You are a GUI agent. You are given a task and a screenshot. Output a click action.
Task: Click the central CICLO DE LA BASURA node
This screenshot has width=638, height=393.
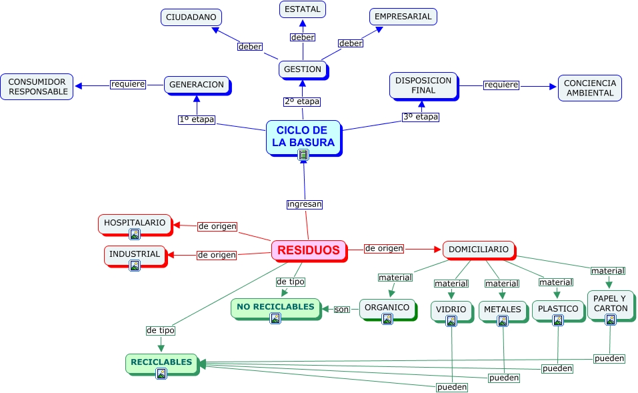pyautogui.click(x=303, y=137)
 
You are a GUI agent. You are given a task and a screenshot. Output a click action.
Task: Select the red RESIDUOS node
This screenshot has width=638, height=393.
pyautogui.click(x=309, y=250)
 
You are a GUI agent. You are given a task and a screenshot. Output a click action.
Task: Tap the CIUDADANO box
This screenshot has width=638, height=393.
pyautogui.click(x=191, y=17)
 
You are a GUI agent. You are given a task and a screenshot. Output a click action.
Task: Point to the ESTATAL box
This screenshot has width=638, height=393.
pyautogui.click(x=302, y=9)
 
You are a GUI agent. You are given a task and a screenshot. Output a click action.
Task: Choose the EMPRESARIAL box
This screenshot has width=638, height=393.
pyautogui.click(x=403, y=17)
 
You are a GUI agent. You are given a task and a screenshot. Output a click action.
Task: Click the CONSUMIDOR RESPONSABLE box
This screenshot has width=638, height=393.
pyautogui.click(x=37, y=87)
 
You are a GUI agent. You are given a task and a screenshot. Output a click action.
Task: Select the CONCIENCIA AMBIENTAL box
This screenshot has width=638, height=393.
pyautogui.click(x=589, y=88)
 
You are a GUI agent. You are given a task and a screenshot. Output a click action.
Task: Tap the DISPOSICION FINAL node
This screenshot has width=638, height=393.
pyautogui.click(x=423, y=86)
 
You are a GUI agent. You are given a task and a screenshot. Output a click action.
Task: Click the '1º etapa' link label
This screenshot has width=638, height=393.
pyautogui.click(x=197, y=119)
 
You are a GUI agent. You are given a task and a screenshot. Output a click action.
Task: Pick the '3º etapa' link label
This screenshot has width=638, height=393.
pyautogui.click(x=421, y=117)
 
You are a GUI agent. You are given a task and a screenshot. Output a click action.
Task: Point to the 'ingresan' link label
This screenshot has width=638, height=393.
pyautogui.click(x=305, y=204)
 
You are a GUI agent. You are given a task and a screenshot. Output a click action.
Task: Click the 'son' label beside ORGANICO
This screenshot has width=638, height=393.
pyautogui.click(x=342, y=310)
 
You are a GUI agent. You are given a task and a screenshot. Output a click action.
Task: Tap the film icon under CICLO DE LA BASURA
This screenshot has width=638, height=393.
pyautogui.click(x=303, y=155)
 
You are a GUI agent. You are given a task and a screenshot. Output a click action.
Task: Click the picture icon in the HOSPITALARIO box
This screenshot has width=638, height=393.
pyautogui.click(x=135, y=234)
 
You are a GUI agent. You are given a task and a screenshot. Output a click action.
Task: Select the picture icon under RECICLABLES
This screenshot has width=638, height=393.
pyautogui.click(x=161, y=374)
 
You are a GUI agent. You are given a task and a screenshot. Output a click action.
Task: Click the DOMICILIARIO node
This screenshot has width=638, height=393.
pyautogui.click(x=479, y=250)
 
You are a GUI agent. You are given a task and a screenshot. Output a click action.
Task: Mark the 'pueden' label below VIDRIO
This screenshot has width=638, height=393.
pyautogui.click(x=451, y=387)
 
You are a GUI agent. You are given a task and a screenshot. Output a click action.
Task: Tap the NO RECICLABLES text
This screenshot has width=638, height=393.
pyautogui.click(x=275, y=307)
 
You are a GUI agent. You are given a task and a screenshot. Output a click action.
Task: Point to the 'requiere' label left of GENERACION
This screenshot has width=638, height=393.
pyautogui.click(x=128, y=84)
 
